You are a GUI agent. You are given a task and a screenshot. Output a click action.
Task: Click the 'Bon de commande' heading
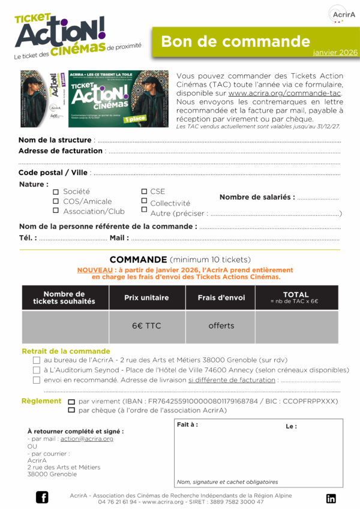click(x=235, y=41)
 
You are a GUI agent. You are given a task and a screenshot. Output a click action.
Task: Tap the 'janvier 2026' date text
click(x=335, y=53)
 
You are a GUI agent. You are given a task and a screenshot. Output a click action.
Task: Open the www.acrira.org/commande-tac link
click(x=284, y=94)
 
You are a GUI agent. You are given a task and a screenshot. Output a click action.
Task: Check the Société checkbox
click(x=56, y=192)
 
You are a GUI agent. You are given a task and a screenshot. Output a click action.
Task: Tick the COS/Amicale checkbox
click(x=56, y=201)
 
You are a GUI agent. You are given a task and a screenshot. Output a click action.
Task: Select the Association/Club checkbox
click(x=56, y=211)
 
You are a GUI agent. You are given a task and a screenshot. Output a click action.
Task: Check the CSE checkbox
click(x=144, y=191)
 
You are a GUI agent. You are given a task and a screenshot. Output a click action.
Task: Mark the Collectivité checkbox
click(x=144, y=201)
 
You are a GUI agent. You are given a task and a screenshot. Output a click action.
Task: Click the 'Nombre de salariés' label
click(x=257, y=197)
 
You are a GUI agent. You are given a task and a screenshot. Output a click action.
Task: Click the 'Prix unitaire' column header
click(x=146, y=297)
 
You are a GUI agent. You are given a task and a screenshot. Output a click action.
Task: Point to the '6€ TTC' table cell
click(x=146, y=326)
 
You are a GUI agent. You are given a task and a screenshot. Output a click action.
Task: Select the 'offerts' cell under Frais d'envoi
click(x=221, y=326)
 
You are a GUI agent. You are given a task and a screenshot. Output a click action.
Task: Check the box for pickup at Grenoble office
click(x=37, y=360)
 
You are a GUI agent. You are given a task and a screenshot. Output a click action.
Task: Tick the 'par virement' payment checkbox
click(x=71, y=402)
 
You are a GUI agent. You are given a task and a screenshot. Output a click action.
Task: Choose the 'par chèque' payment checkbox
click(x=71, y=411)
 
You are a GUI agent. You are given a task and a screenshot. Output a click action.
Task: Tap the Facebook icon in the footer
click(x=42, y=497)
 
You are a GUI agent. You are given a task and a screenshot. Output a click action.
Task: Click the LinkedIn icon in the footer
click(x=331, y=498)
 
